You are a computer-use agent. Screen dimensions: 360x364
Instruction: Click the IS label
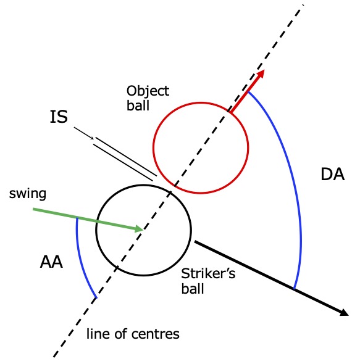[x=59, y=117]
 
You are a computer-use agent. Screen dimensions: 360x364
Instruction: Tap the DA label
[x=332, y=174]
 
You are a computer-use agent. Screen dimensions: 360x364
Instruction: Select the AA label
[x=51, y=262]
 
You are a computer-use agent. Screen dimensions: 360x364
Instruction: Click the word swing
[x=28, y=194]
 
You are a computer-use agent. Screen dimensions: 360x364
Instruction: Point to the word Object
[x=148, y=91]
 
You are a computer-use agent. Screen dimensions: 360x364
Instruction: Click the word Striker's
[x=208, y=274]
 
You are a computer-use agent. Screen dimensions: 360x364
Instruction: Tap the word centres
[x=156, y=334]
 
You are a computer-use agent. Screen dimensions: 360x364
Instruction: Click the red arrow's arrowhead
[x=261, y=74]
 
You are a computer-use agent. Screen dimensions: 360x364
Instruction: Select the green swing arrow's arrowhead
[x=139, y=229]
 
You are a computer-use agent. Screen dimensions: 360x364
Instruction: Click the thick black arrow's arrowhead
[x=345, y=313]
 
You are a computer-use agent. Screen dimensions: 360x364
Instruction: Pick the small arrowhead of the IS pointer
[x=93, y=138]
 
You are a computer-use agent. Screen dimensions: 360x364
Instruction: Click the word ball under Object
[x=138, y=105]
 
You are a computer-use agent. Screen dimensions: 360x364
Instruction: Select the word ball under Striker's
[x=193, y=289]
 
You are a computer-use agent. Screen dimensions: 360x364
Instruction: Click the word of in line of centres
[x=120, y=334]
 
